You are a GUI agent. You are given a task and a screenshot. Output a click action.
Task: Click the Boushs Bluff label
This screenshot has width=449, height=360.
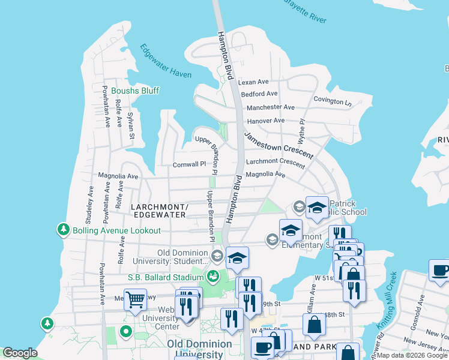click(134, 91)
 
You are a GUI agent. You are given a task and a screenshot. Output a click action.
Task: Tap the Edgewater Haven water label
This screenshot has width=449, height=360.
click(166, 61)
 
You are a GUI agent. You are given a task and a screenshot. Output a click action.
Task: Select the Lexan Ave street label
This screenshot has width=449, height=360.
click(253, 82)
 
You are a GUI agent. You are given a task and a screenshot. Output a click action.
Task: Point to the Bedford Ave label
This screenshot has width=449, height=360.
click(259, 94)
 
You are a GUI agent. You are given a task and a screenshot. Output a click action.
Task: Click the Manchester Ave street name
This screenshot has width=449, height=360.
click(271, 107)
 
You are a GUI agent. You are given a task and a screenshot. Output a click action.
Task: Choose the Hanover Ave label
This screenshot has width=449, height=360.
click(265, 121)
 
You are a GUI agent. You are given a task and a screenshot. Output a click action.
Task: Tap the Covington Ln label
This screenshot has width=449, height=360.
click(332, 101)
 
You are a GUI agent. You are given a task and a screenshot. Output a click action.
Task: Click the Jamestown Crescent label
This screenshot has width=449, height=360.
click(279, 146)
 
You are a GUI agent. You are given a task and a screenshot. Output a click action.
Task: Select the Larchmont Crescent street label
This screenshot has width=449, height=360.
click(276, 162)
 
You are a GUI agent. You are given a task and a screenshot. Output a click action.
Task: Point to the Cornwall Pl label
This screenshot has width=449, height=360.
click(189, 164)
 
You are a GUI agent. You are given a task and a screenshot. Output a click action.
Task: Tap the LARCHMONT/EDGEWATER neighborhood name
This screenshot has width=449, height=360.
click(159, 211)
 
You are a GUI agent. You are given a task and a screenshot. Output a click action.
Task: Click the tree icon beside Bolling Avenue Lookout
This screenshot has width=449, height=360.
click(63, 230)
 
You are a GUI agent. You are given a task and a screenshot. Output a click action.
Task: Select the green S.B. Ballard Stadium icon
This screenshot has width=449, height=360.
click(212, 277)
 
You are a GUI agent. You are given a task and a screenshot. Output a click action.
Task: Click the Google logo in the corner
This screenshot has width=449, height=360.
click(20, 353)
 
